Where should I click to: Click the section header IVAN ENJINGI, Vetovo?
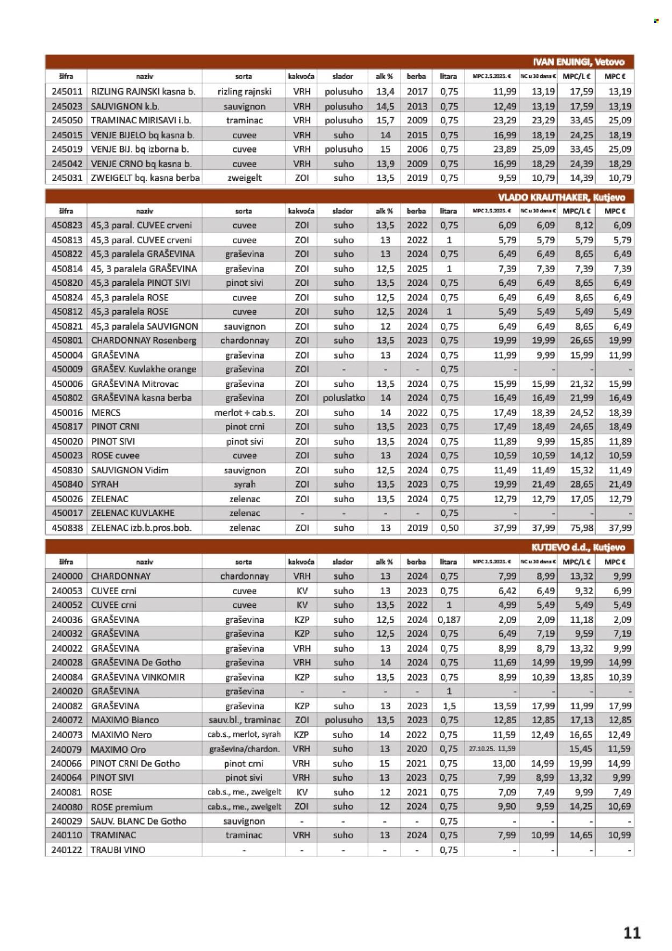click(578, 62)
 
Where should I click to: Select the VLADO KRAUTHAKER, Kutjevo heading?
click(565, 197)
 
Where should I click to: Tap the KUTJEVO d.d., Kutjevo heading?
click(578, 547)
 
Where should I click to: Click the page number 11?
click(632, 933)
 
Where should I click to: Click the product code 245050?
click(67, 120)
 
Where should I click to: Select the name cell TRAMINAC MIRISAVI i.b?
click(141, 120)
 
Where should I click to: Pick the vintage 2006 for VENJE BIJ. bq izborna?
click(417, 149)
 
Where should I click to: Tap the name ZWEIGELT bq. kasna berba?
click(145, 178)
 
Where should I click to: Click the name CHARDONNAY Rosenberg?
click(144, 340)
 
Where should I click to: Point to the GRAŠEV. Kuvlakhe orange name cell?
click(144, 369)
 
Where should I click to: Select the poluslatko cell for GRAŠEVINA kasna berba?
click(344, 398)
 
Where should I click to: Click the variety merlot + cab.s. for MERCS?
click(245, 413)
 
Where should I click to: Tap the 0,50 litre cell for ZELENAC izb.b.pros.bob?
click(449, 528)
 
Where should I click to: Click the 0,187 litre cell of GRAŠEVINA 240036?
click(449, 619)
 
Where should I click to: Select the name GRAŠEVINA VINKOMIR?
click(138, 677)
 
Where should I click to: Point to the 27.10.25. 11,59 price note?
click(492, 749)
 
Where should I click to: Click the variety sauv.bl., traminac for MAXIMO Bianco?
click(245, 720)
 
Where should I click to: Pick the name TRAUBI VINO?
click(118, 850)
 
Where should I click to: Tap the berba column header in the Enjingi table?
click(417, 76)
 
